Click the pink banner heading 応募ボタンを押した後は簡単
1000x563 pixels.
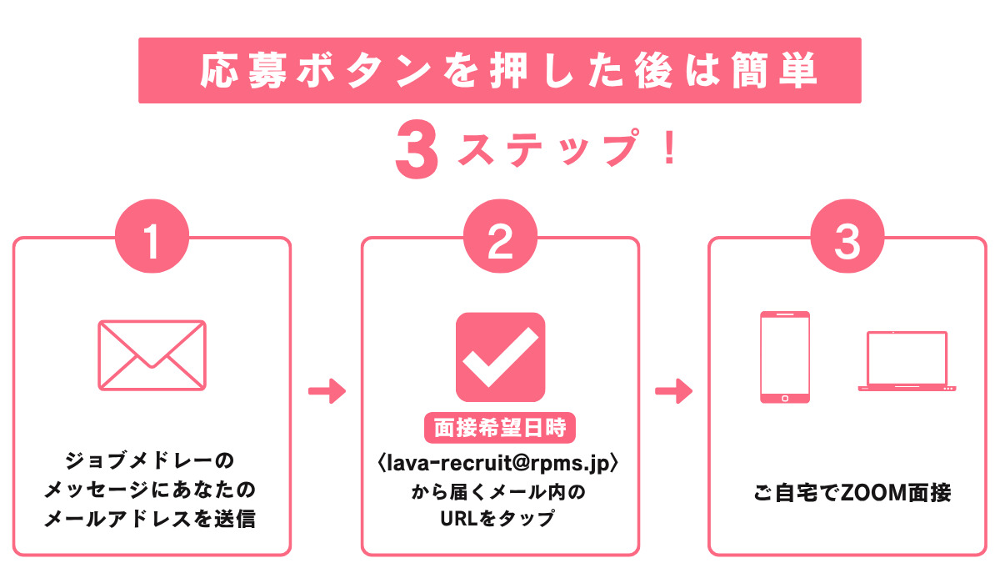pyautogui.click(x=499, y=71)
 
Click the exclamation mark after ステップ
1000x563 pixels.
pyautogui.click(x=670, y=146)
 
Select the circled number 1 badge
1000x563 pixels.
pyautogui.click(x=152, y=242)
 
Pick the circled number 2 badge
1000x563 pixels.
pyautogui.click(x=499, y=242)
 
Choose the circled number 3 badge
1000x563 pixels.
pyautogui.click(x=847, y=242)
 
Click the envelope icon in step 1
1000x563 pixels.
pyautogui.click(x=152, y=354)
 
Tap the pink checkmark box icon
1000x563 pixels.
pyautogui.click(x=500, y=357)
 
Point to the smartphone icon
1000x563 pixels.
pyautogui.click(x=784, y=358)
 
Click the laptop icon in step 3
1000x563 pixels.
pyautogui.click(x=907, y=362)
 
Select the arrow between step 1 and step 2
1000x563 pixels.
pyautogui.click(x=326, y=390)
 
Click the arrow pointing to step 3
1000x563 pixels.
pyautogui.click(x=673, y=390)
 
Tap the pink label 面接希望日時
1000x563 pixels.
pyautogui.click(x=500, y=429)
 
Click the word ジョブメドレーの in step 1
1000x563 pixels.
pyautogui.click(x=151, y=461)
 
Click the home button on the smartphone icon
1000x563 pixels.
pyautogui.click(x=784, y=398)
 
